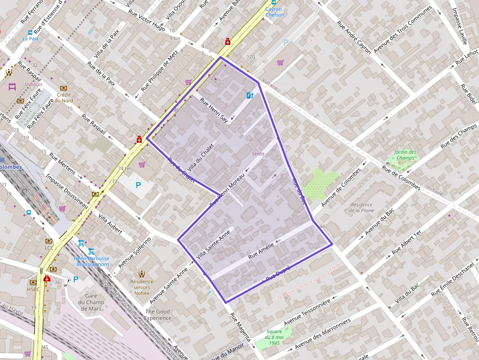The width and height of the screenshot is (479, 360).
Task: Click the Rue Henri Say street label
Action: (x=214, y=111)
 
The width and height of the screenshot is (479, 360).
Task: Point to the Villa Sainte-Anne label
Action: (x=213, y=244)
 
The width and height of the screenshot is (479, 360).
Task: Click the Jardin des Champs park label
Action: (x=406, y=155)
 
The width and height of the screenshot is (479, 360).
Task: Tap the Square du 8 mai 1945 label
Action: (x=275, y=338)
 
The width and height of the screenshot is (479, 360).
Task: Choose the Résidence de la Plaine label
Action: (x=362, y=208)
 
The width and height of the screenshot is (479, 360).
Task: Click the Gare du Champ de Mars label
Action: (x=91, y=302)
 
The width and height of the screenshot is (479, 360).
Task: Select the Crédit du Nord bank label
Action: (x=64, y=98)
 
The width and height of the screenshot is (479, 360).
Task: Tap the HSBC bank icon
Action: (x=33, y=282)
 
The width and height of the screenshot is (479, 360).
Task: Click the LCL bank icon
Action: (x=49, y=241)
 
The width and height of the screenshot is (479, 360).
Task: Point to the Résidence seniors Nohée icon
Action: (x=142, y=274)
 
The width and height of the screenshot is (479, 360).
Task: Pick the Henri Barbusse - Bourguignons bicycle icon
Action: (x=81, y=243)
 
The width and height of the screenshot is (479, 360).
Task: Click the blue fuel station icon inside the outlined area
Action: (x=250, y=96)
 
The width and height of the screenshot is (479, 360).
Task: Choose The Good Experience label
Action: (x=157, y=315)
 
